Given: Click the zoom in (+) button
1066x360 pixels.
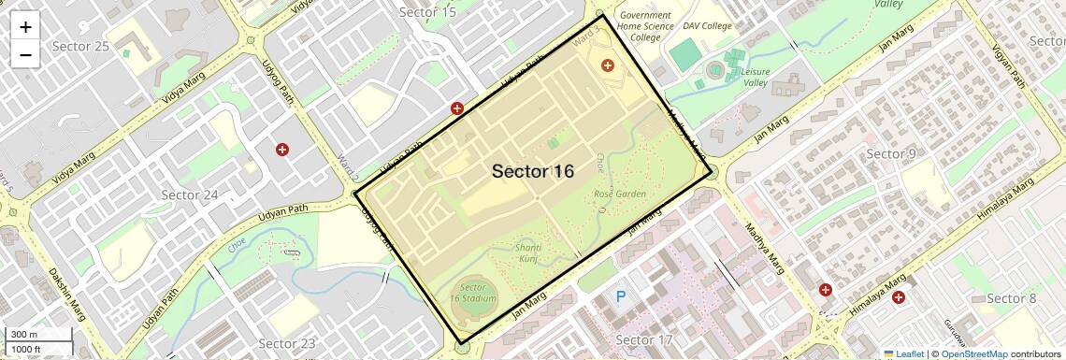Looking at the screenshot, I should coord(25,27).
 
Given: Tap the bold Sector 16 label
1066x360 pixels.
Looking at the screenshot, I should coord(533,171).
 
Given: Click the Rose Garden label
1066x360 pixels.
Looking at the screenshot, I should coord(619,194).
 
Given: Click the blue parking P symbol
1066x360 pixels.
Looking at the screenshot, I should coord(620,297).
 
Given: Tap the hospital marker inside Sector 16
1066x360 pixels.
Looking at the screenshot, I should coord(608,65).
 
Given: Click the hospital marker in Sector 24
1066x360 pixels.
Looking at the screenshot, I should coord(281,150).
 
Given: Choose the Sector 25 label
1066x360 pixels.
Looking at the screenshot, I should coord(80,46).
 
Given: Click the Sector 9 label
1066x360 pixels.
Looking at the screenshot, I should coord(891,153).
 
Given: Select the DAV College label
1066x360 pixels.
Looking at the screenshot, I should coord(707,26).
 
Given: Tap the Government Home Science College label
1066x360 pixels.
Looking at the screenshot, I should coord(645,26).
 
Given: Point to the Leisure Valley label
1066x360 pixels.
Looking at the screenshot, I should coord(755,77).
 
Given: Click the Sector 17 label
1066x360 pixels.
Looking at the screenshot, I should coord(645,339).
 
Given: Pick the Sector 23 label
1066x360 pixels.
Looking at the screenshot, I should coord(287,343).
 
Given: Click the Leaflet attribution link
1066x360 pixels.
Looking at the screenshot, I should coord(903,354).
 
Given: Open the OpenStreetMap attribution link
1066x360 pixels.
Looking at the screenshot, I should coord(973,354).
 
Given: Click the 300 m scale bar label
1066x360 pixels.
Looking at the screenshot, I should coord(24,335).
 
